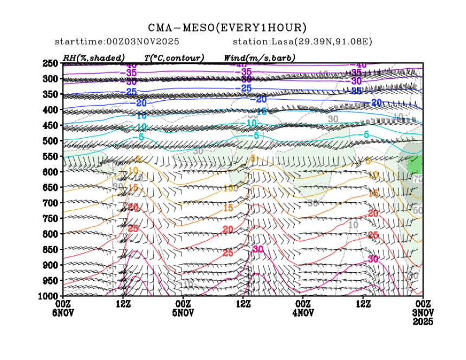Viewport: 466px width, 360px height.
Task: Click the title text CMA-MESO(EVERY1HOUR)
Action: [x=227, y=28]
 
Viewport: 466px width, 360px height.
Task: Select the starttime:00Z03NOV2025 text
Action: [x=117, y=42]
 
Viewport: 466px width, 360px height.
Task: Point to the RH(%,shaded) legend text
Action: [x=93, y=57]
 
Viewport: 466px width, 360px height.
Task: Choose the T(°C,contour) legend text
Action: [x=173, y=57]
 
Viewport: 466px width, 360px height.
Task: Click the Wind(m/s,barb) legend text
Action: [x=259, y=57]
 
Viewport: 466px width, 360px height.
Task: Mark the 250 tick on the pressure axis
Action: [x=50, y=63]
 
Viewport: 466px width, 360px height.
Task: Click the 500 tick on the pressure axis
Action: [x=50, y=141]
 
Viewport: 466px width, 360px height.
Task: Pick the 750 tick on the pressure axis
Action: [x=50, y=218]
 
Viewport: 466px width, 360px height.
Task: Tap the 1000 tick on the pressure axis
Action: [x=49, y=296]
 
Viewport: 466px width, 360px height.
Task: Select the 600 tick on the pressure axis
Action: [x=50, y=172]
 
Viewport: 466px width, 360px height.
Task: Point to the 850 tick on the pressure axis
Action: [x=50, y=249]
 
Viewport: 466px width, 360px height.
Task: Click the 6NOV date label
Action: [x=63, y=313]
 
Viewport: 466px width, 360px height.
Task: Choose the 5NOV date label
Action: [x=183, y=313]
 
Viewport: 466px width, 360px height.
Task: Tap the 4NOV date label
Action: [x=303, y=313]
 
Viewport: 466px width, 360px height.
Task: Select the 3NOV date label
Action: [x=423, y=313]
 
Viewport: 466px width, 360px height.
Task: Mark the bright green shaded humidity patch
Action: [x=415, y=163]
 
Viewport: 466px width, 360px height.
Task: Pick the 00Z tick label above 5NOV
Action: [x=183, y=304]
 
